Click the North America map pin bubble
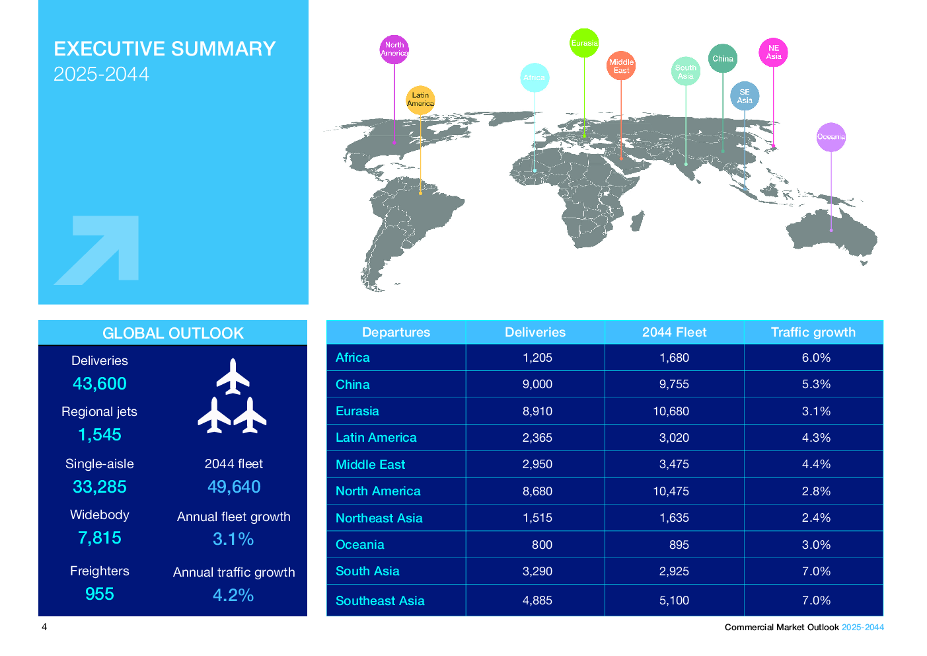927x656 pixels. [394, 50]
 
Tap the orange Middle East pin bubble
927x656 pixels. [621, 66]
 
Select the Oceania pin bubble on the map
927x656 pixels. [831, 137]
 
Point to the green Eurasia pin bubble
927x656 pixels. [584, 43]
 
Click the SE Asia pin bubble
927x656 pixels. [745, 97]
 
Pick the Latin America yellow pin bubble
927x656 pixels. [420, 100]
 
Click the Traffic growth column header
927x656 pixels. [813, 333]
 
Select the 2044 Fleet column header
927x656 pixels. [674, 333]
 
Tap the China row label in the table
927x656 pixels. [353, 385]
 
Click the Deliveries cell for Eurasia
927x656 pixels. [537, 411]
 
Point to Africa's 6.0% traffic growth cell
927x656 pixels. [816, 358]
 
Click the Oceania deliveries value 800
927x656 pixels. [542, 545]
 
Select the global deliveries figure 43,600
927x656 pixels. [100, 384]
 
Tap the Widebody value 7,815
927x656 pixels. [100, 538]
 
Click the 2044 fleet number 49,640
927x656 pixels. [234, 487]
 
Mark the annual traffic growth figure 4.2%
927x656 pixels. [233, 596]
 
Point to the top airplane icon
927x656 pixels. [233, 376]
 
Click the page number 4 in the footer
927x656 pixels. [44, 627]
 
